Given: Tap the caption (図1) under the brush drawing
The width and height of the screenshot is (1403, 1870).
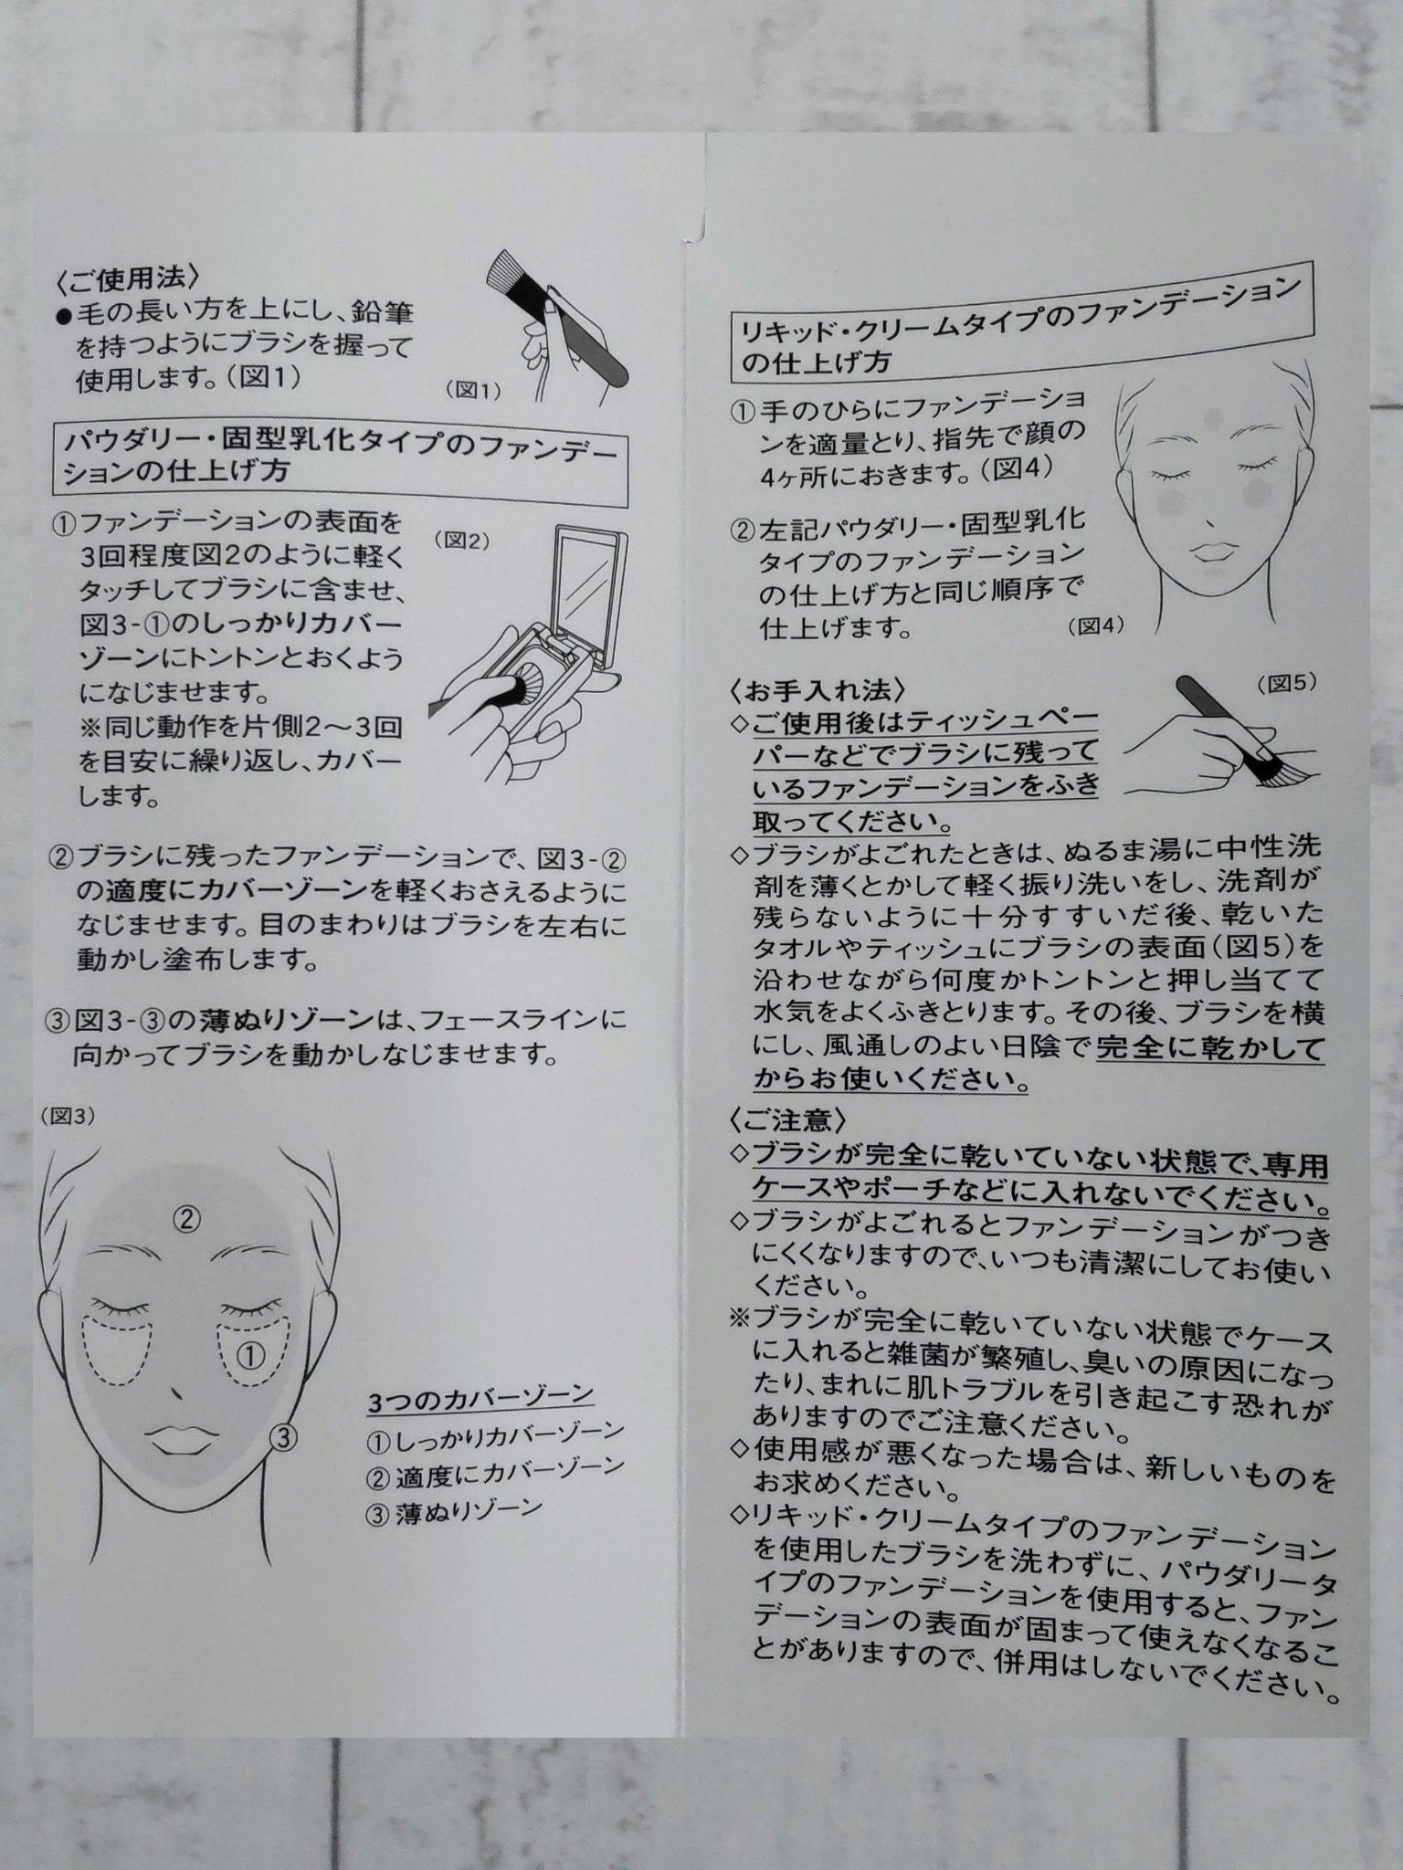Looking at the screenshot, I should pos(474,391).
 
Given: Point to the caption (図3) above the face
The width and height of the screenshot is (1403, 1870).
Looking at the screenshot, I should pos(67,1117).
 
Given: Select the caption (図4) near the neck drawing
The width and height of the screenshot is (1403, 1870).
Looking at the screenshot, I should pos(1094,625).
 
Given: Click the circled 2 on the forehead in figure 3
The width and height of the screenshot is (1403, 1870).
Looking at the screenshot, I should pos(186,1217).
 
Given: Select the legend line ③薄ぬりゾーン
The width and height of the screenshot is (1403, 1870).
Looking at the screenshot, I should pos(454,1511).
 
